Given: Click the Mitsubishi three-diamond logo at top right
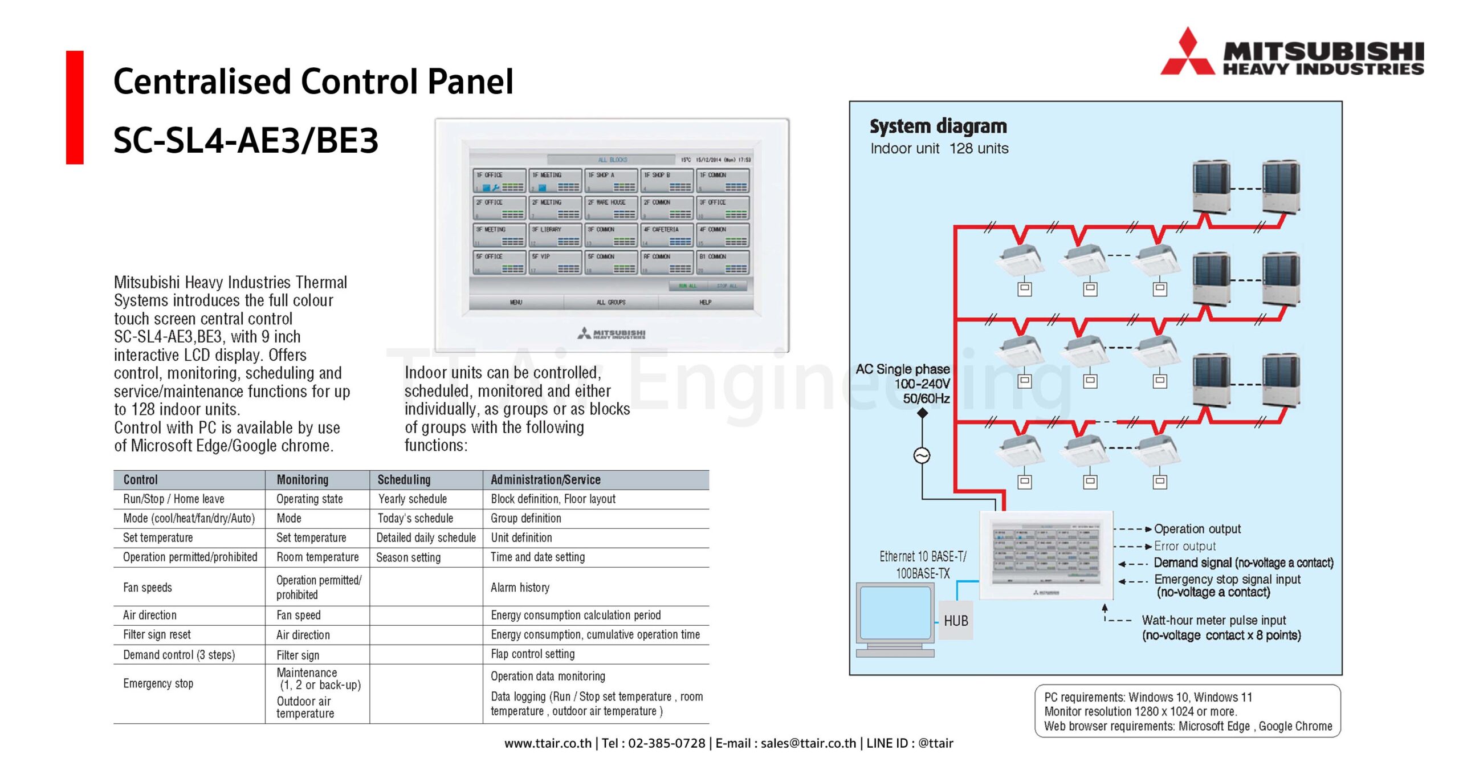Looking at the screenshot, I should (x=1187, y=53).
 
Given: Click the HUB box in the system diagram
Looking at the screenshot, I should (x=956, y=621).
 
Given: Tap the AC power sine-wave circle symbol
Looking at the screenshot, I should (x=922, y=455).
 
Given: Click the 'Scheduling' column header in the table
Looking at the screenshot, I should (x=404, y=480).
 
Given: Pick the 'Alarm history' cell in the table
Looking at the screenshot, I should (x=520, y=588).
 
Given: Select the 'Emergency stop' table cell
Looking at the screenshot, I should (x=158, y=683).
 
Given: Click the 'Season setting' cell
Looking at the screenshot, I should (x=408, y=557).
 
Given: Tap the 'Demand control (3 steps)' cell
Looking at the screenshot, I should (x=179, y=655).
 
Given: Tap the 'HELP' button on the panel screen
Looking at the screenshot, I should (x=705, y=303).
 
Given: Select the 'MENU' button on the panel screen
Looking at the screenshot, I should (x=516, y=303).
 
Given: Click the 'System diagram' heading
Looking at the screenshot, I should (x=938, y=126).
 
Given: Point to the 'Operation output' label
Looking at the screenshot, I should (x=1197, y=529).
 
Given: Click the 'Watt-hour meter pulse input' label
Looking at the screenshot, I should (x=1214, y=620).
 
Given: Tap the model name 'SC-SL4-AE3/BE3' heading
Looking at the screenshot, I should (x=246, y=141).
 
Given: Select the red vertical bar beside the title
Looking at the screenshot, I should (x=75, y=107).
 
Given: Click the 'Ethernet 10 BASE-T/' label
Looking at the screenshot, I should (x=923, y=557).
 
